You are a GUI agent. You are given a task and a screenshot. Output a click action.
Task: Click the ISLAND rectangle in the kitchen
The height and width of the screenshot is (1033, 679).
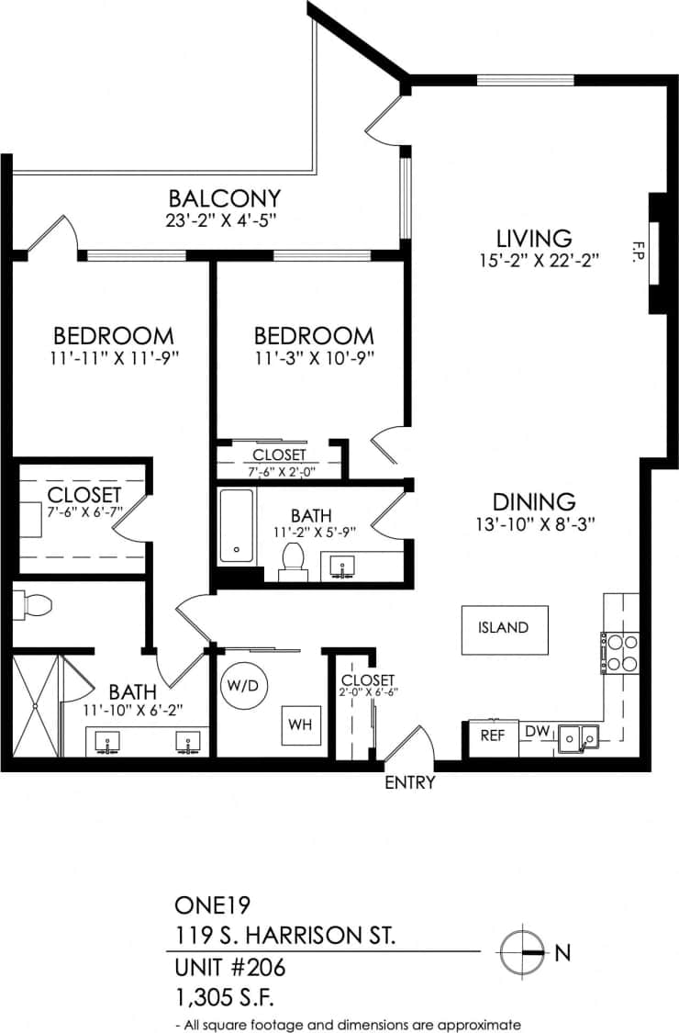[x=504, y=629]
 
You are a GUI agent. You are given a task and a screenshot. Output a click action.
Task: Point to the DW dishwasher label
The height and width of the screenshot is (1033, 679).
[x=537, y=732]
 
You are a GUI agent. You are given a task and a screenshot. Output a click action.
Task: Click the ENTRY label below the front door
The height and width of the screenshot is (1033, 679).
[x=409, y=783]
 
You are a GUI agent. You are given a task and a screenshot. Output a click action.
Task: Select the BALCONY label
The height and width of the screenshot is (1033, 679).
[x=224, y=198]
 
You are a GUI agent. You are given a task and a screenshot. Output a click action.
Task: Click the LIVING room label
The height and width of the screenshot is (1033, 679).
[x=534, y=238]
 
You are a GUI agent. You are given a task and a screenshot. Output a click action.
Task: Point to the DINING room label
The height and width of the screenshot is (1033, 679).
[x=534, y=502]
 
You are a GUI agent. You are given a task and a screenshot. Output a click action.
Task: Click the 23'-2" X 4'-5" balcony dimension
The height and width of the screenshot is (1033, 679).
[x=224, y=220]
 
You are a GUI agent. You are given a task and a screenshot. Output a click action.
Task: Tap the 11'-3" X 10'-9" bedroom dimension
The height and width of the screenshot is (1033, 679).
[x=314, y=358]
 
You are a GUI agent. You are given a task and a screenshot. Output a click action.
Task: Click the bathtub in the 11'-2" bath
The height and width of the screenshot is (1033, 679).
[x=237, y=528]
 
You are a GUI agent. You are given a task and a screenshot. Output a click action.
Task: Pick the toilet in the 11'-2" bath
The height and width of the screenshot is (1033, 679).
[x=294, y=560]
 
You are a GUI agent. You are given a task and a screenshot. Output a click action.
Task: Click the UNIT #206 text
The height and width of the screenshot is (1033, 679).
[x=230, y=967]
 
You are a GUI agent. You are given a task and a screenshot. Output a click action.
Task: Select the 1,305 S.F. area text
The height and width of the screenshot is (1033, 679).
[x=226, y=995]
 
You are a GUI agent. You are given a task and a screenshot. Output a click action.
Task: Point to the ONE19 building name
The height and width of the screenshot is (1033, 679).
[x=206, y=905]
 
